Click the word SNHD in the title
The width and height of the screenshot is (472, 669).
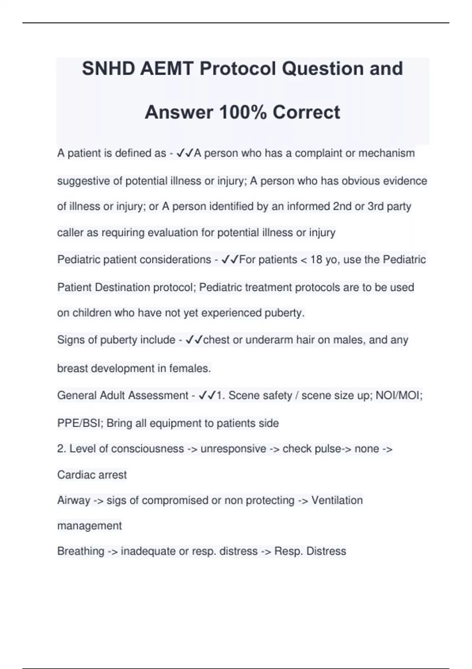click(109, 69)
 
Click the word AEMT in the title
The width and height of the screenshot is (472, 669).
click(167, 69)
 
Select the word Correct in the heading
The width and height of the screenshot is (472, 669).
click(306, 112)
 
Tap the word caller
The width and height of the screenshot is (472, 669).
click(70, 233)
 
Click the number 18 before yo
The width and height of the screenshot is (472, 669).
click(316, 260)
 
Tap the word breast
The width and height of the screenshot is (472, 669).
click(73, 368)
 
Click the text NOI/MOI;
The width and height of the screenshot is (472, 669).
click(399, 395)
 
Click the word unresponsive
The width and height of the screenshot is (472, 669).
click(233, 449)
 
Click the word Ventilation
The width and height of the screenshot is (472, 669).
click(337, 501)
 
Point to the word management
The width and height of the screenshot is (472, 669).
click(90, 526)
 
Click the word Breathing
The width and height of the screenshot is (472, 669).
click(81, 551)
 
